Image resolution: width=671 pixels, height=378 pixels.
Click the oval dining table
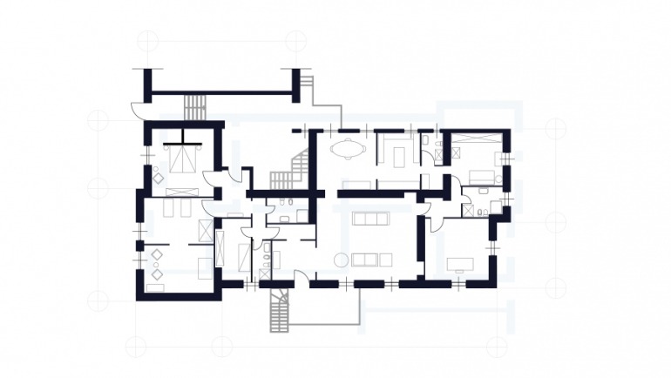pos(348,149)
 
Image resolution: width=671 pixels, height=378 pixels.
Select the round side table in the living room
pos(342,259)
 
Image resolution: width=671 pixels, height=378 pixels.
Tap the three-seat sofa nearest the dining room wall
pos(369,218)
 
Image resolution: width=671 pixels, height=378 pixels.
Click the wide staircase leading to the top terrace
pos(193,108)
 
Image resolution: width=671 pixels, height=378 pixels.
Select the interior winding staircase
pos(295,171)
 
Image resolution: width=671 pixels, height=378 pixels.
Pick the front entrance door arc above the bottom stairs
pos(300,278)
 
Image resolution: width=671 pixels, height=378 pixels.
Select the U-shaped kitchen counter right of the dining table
pos(396,152)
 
